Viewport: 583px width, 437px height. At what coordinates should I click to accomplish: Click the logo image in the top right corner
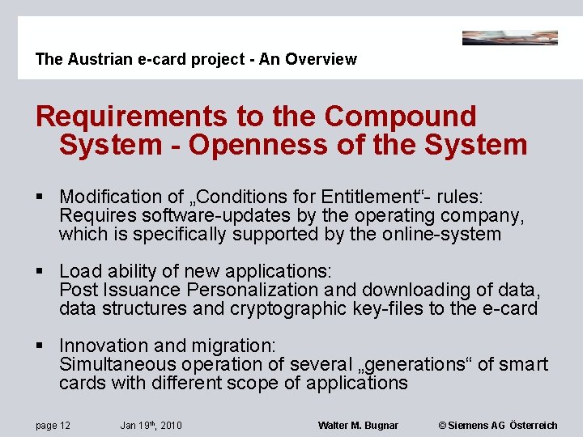tap(509, 38)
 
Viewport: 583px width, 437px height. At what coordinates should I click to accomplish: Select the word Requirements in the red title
tap(132, 117)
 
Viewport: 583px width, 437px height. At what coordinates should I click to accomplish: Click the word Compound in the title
tap(400, 117)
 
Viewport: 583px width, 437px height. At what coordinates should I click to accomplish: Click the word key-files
tap(383, 308)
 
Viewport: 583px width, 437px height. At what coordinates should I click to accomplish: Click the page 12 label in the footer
tap(53, 425)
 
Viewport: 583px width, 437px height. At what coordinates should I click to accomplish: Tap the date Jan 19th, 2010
tap(151, 425)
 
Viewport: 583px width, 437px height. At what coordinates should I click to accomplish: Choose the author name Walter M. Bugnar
tap(358, 425)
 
